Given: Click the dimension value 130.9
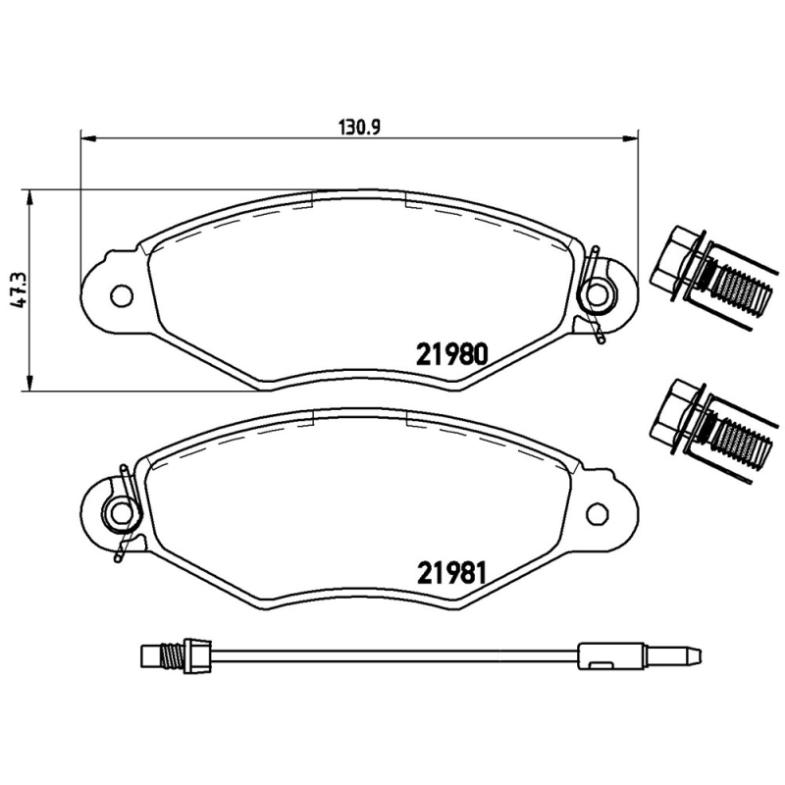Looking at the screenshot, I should (359, 126).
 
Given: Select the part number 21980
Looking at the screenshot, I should (452, 355).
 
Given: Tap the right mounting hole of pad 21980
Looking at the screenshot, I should (596, 292).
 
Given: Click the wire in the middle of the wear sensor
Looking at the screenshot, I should (392, 651).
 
